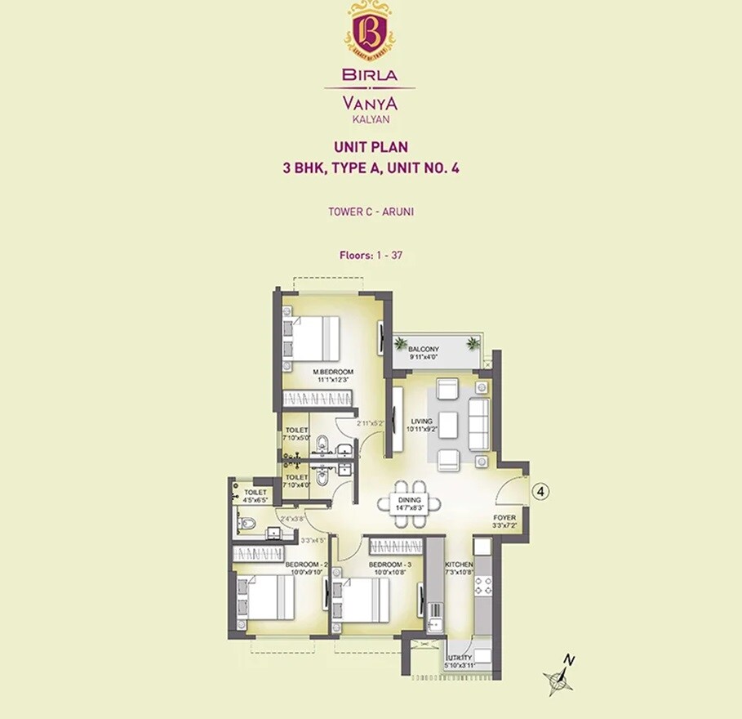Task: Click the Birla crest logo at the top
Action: coord(370,31)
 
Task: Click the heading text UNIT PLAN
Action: coord(370,148)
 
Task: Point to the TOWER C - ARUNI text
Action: coord(370,211)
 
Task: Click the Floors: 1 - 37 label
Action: coord(370,255)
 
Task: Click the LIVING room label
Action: coord(422,422)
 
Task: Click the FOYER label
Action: coord(504,518)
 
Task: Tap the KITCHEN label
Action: coord(458,565)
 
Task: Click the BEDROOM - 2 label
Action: coord(306,565)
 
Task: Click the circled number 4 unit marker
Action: coord(540,492)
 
